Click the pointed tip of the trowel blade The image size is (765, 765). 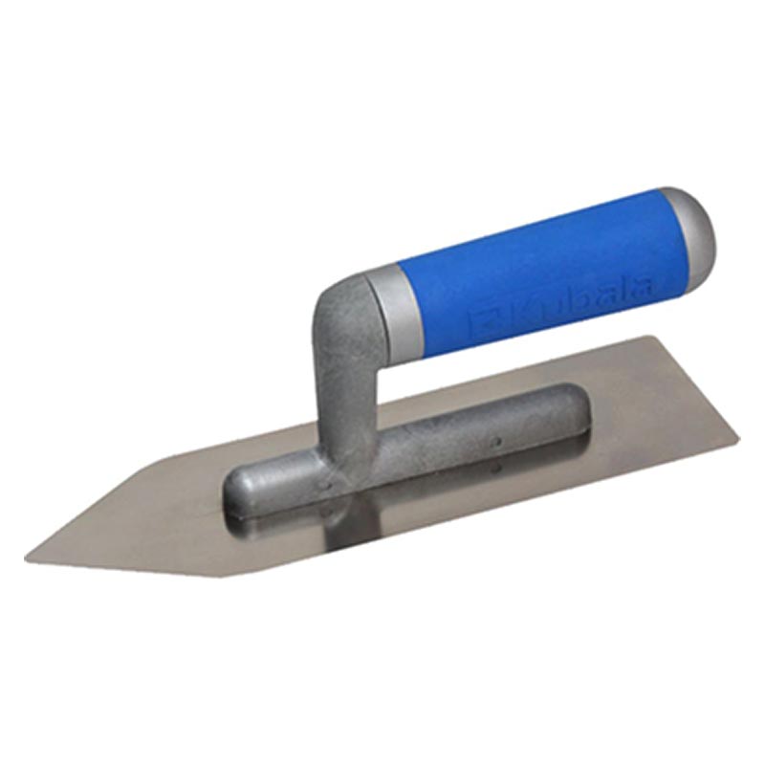(26, 557)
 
